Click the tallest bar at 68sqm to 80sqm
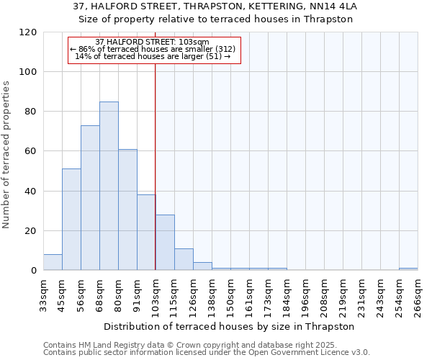(109, 186)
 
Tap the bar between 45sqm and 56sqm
(71, 220)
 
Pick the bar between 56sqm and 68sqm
(90, 198)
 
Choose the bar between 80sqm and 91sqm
(127, 210)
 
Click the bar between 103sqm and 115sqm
(165, 243)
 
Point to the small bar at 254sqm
(408, 269)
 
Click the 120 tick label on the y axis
(28, 32)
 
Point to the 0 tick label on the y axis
(34, 271)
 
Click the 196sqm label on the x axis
(306, 296)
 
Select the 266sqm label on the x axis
(418, 296)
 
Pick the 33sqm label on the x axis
(44, 296)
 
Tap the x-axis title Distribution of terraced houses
(230, 326)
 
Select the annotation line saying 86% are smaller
(153, 49)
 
